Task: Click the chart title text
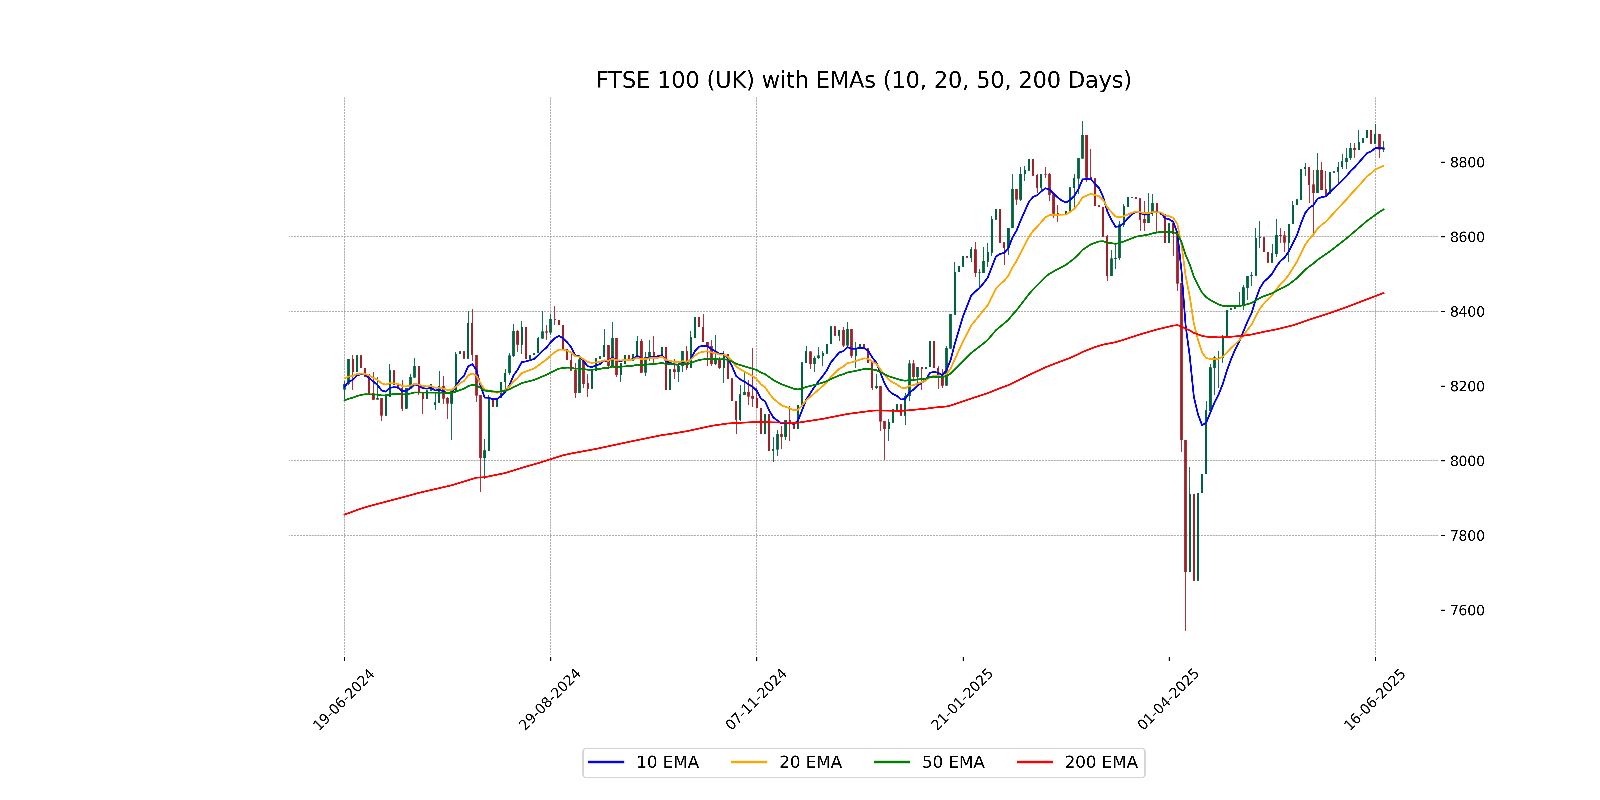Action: point(863,80)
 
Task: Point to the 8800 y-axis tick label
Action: point(1467,163)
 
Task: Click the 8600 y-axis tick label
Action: point(1467,237)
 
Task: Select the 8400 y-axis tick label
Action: point(1467,312)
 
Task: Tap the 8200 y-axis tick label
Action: point(1467,386)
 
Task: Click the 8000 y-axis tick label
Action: point(1467,461)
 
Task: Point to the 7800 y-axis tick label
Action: point(1467,535)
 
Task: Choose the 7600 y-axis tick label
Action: point(1467,610)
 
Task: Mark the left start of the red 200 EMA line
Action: point(345,514)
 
